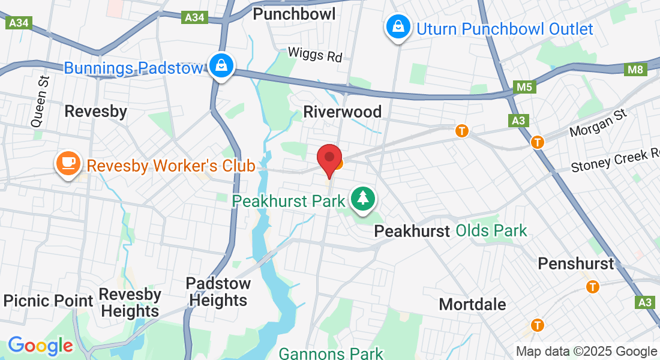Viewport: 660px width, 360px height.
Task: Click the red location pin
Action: pos(329,158)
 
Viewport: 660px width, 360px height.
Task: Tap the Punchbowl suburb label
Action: pos(294,14)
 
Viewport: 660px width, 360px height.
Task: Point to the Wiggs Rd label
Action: pos(314,54)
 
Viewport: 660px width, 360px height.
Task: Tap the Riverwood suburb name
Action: pos(342,112)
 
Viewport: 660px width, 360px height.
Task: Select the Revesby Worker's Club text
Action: pos(171,166)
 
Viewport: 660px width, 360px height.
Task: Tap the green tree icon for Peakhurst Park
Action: pos(362,199)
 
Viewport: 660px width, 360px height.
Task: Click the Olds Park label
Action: pos(491,230)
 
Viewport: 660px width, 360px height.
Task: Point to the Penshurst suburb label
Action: pos(576,263)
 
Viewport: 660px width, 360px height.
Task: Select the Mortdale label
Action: pos(472,304)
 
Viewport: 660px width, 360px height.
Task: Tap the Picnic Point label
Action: pos(48,301)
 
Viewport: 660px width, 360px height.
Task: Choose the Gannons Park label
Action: pos(331,353)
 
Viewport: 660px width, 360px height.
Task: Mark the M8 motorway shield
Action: pos(635,70)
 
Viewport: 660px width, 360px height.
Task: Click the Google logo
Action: pos(40,346)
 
